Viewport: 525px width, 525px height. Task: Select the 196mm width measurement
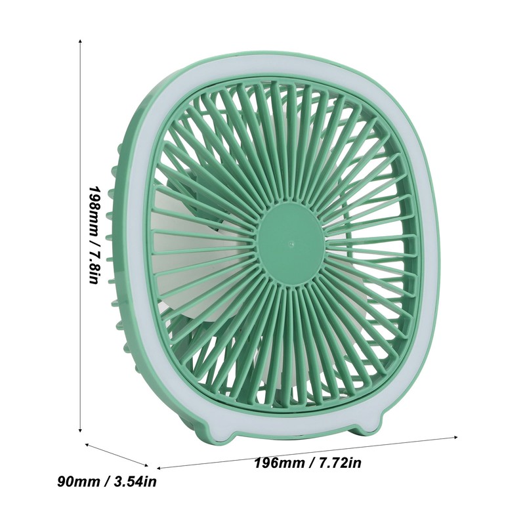coord(279,463)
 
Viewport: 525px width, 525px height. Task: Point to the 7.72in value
coord(339,463)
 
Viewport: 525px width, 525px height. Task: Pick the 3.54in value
coord(134,483)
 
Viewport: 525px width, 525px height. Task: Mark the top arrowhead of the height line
coord(80,41)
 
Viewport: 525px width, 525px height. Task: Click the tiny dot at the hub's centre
coord(289,241)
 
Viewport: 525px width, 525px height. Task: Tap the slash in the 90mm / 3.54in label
coord(105,483)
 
